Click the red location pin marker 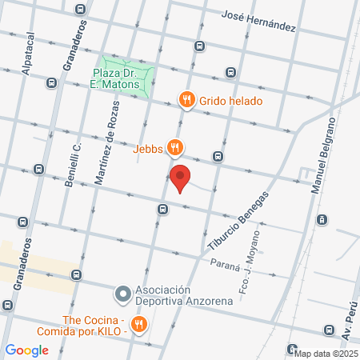[181, 178]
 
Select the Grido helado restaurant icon [187, 100]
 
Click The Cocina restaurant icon [140, 323]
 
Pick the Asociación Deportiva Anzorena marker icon [122, 294]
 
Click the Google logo [27, 350]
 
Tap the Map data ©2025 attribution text [326, 353]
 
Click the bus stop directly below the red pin [162, 210]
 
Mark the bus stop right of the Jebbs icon [218, 156]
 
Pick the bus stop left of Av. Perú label [329, 330]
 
